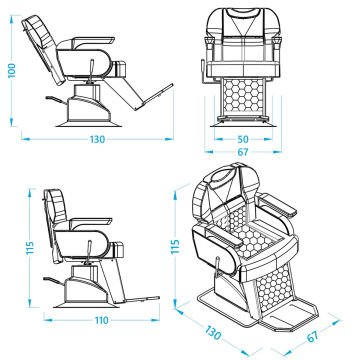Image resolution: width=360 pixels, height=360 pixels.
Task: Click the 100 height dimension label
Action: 12,70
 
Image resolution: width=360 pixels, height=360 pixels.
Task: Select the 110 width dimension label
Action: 101,320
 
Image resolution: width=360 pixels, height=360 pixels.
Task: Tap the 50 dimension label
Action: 243,139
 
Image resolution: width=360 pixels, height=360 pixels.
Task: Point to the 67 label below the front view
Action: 243,152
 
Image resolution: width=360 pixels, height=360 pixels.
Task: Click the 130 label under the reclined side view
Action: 97,139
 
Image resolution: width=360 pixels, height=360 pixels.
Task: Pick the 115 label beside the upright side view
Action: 30,248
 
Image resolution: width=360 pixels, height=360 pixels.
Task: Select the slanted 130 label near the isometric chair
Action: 212,333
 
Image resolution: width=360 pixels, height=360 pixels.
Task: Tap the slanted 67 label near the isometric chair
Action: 313,336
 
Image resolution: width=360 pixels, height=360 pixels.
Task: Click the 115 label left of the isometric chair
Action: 175,246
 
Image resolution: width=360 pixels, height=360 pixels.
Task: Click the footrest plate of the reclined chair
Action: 156,96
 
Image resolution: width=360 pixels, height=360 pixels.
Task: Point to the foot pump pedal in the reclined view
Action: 56,100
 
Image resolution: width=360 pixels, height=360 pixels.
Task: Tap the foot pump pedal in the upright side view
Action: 54,281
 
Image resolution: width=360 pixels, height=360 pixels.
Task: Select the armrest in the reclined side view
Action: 94,41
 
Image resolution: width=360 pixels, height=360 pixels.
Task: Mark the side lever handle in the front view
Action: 202,67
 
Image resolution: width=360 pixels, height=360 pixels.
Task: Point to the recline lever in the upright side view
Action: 89,252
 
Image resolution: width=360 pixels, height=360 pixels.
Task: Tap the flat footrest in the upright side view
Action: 143,299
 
